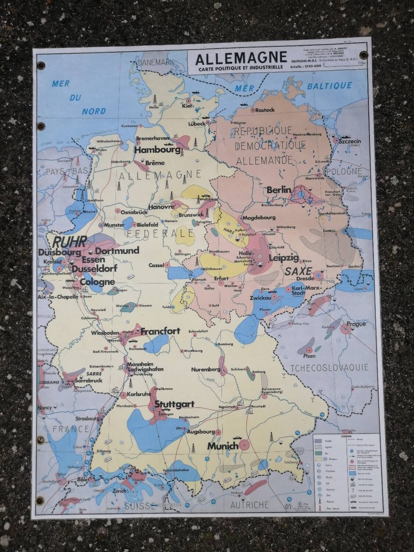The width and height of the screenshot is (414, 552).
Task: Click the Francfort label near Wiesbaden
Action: (160, 331)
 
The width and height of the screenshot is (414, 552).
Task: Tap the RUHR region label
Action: (70, 241)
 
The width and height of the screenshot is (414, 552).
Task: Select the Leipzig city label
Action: (283, 258)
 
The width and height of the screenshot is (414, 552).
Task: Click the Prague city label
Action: (355, 324)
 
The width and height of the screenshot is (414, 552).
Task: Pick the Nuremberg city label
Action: (205, 369)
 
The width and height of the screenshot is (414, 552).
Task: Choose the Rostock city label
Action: (265, 110)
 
